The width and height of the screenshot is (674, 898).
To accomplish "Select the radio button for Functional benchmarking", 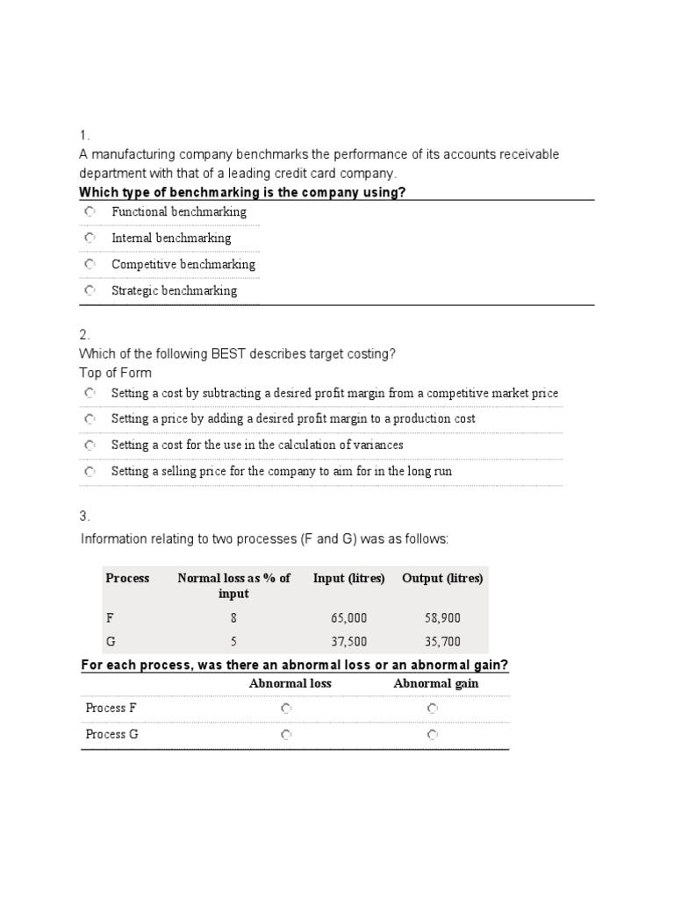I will point(90,212).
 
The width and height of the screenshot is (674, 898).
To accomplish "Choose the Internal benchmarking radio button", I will point(90,238).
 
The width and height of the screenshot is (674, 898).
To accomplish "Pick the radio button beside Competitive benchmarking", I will point(90,264).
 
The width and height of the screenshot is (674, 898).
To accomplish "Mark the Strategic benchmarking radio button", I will point(90,290).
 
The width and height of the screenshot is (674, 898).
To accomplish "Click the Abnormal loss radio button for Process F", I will point(286,708).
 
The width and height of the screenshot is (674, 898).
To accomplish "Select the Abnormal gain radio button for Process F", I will point(432,708).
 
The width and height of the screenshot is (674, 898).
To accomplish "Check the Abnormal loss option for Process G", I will point(286,734).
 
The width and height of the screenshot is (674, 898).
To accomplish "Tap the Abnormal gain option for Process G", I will point(432,734).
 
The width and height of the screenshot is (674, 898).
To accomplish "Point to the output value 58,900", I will point(442,618).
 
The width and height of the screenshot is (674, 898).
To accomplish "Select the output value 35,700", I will point(442,642).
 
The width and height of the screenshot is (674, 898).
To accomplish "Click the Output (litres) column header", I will point(442,578).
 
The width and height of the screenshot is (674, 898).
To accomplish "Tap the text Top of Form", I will point(115,373).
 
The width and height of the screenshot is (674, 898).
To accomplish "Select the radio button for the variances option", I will point(90,445).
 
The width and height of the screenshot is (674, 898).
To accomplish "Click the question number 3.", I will point(84,516).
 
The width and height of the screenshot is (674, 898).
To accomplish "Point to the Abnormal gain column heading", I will point(436,683).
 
